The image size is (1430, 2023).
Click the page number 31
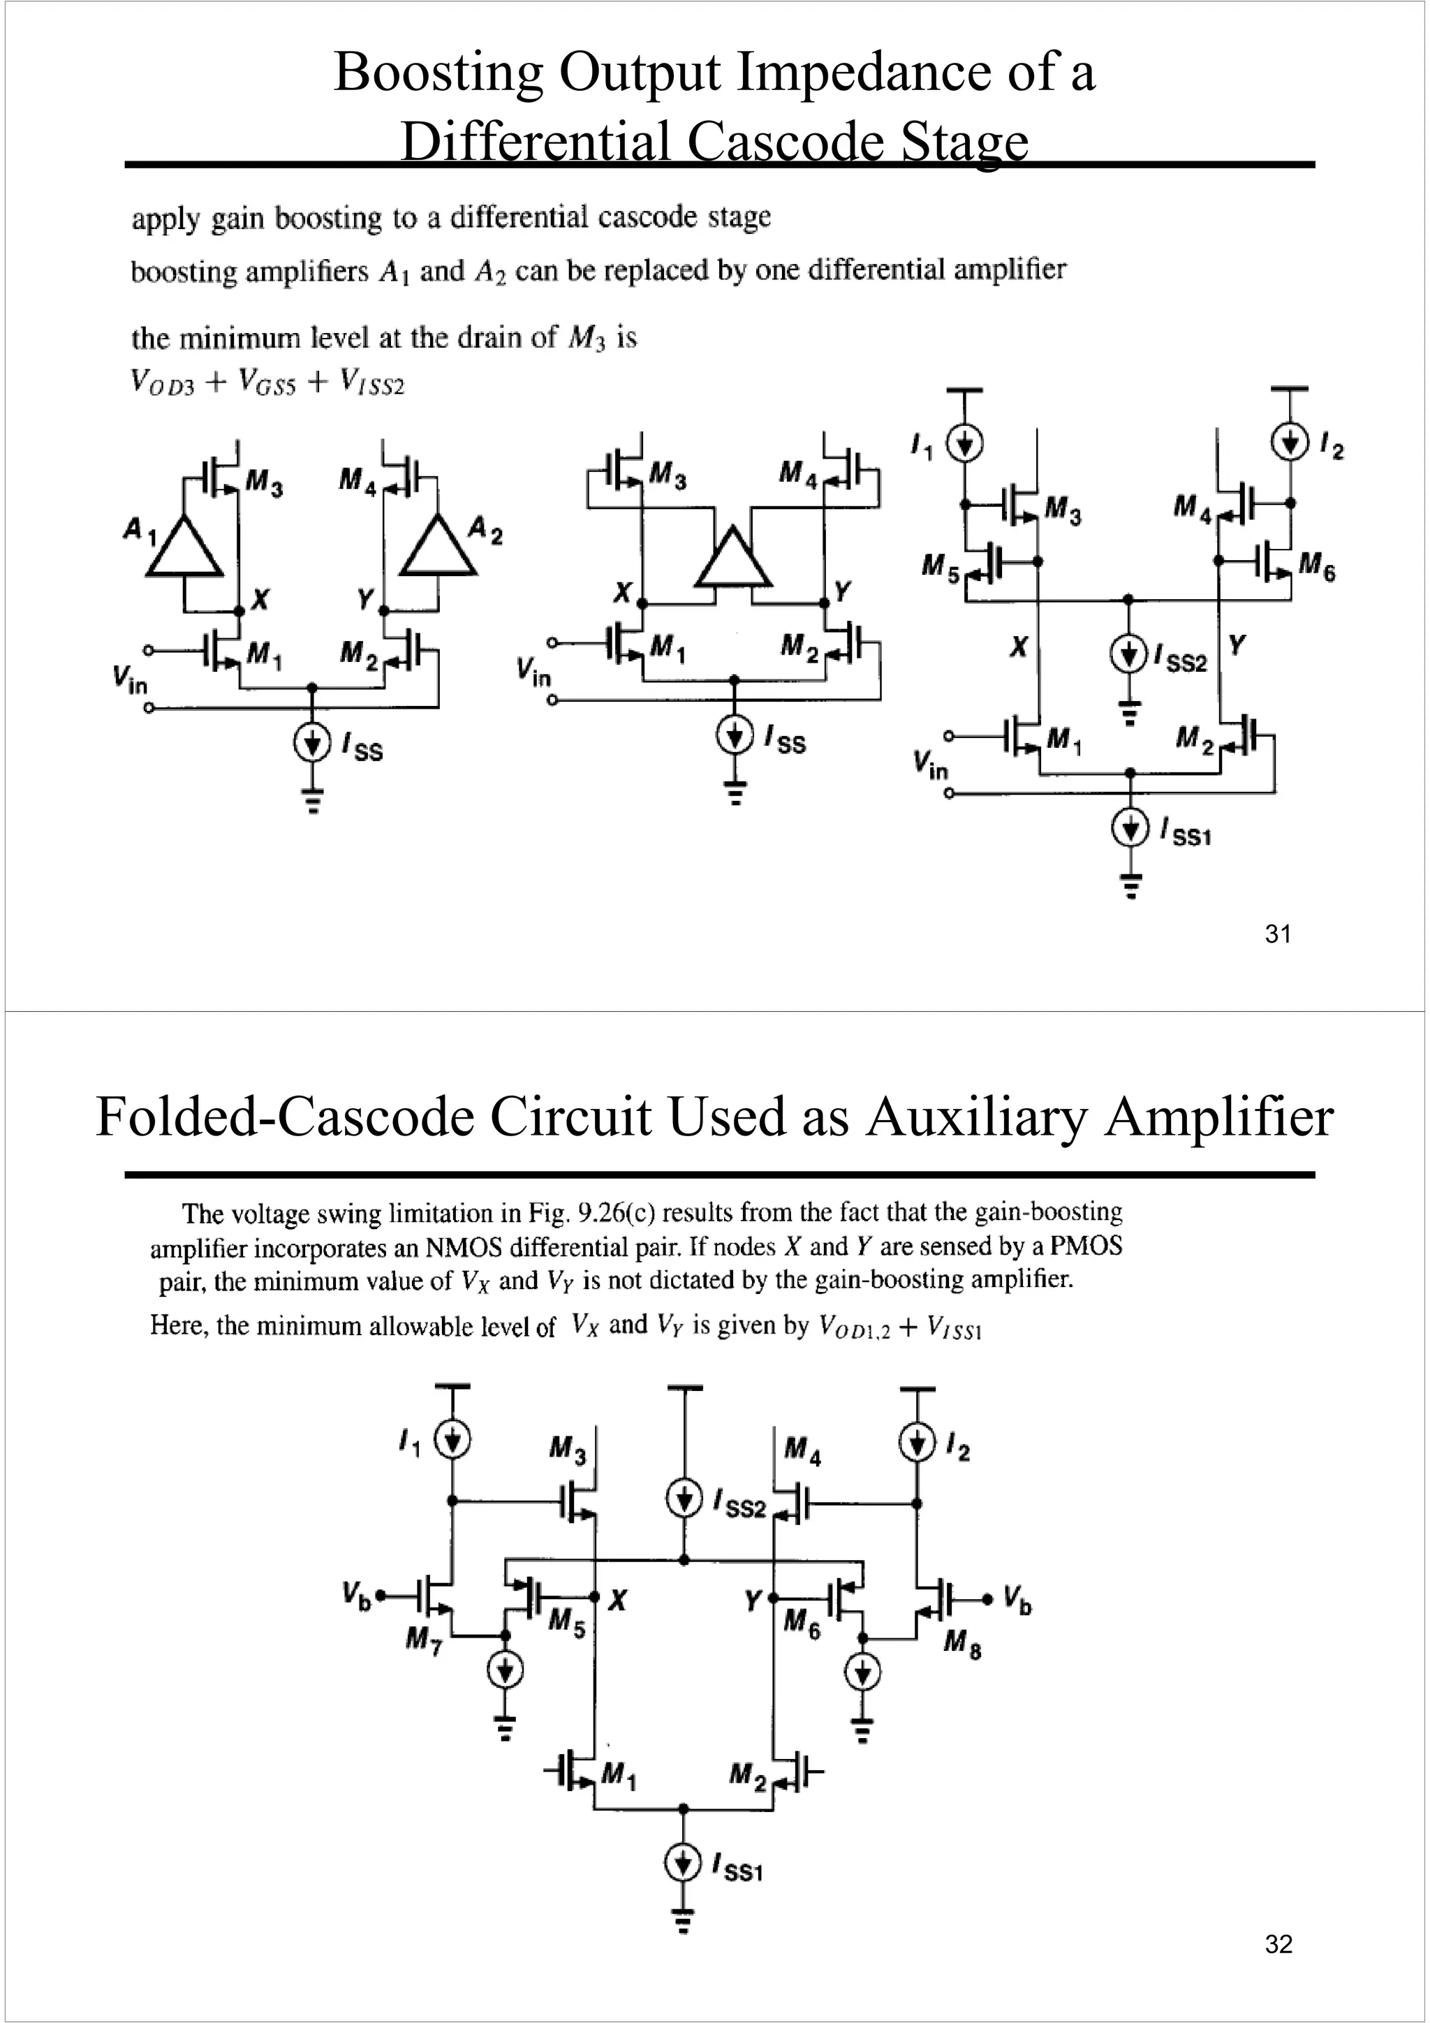click(1278, 934)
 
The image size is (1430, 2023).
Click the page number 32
click(1278, 1943)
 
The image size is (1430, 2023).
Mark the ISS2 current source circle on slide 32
click(684, 1499)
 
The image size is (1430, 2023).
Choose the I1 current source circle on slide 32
click(452, 1441)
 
